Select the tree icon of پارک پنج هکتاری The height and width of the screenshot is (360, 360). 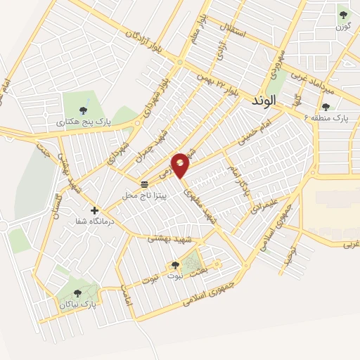point(84,110)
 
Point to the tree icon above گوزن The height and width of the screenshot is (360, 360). point(343,14)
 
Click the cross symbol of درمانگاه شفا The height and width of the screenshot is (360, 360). point(95,210)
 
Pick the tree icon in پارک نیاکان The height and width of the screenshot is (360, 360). point(77,294)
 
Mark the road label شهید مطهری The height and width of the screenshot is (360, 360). point(199,205)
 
